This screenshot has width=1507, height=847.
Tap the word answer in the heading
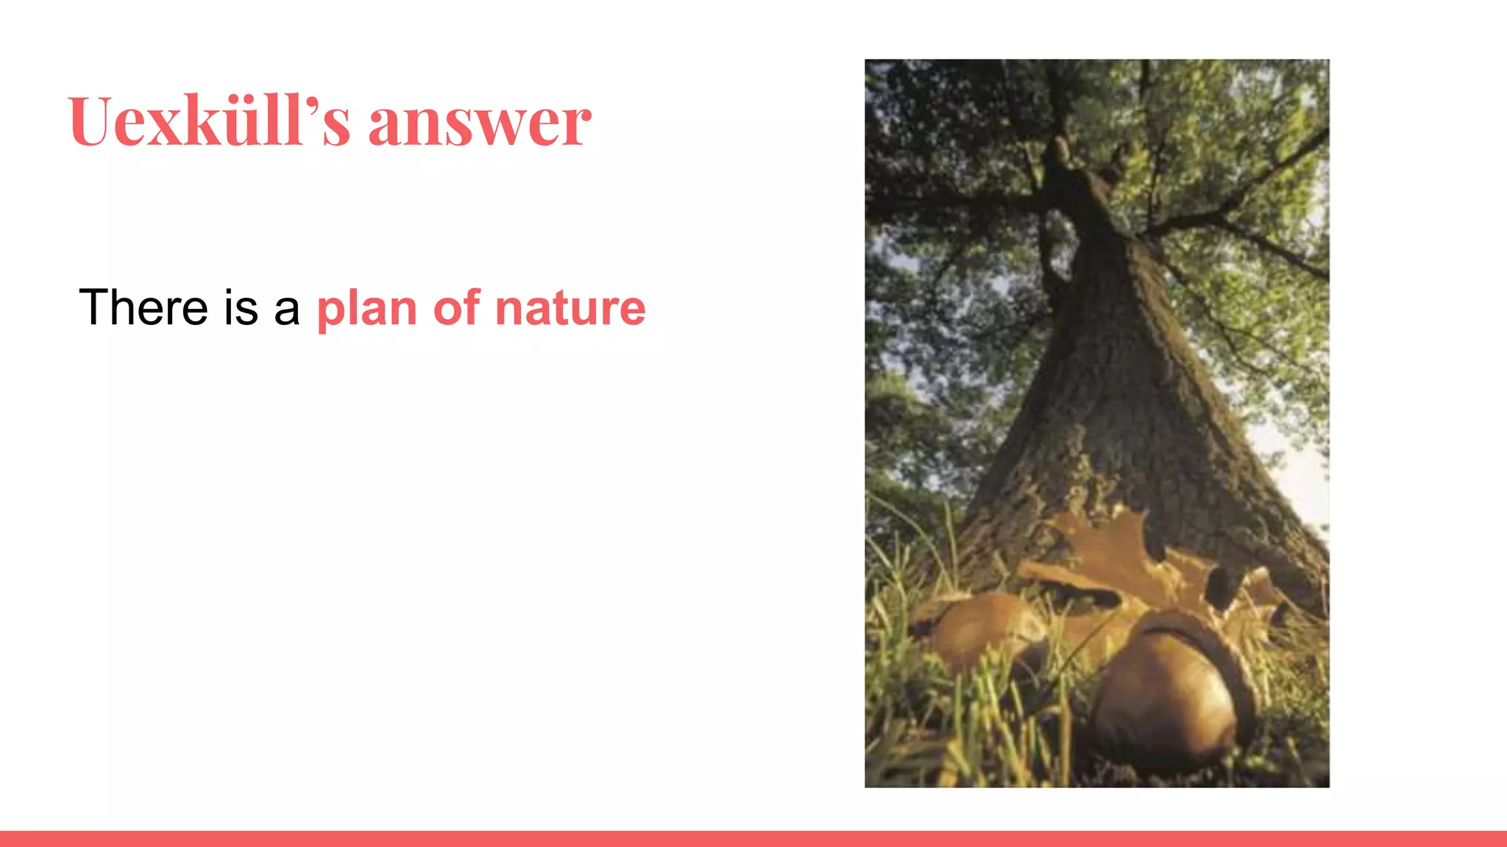click(x=479, y=123)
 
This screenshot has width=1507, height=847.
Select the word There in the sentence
click(x=143, y=307)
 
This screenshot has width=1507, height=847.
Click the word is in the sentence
click(x=241, y=307)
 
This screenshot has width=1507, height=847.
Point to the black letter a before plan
click(x=286, y=310)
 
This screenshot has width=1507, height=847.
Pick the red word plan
click(x=366, y=310)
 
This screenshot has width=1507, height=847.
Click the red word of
click(x=456, y=307)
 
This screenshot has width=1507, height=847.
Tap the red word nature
click(x=570, y=309)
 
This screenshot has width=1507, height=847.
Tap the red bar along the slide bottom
click(x=753, y=839)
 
